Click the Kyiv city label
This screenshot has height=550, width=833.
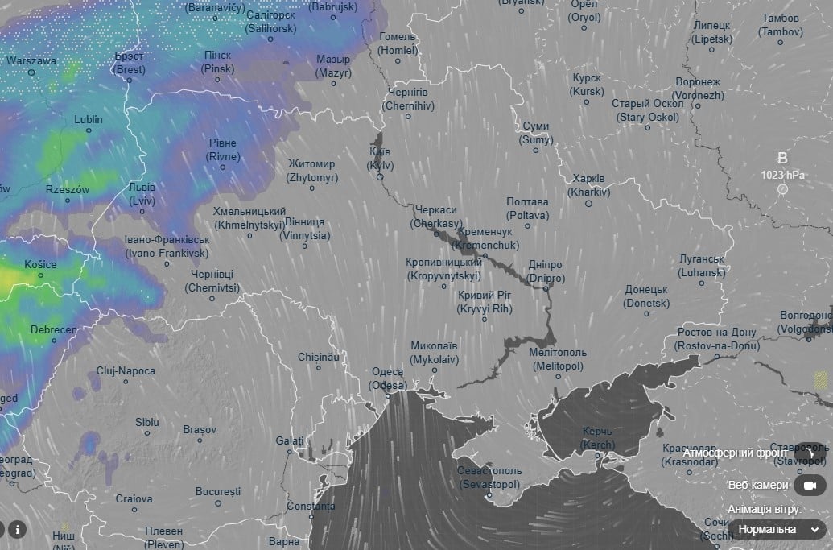(380, 159)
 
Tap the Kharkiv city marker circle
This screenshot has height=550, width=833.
(588, 204)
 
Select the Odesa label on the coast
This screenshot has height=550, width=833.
(388, 378)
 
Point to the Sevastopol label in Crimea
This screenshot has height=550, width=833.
(489, 478)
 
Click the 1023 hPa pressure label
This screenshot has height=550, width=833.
(782, 174)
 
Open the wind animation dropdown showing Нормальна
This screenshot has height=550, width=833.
(778, 529)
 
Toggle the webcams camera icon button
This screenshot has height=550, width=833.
(810, 485)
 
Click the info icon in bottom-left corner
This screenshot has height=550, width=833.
(17, 529)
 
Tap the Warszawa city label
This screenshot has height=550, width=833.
(31, 60)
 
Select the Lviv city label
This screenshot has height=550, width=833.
(142, 192)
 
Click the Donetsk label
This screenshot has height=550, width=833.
(646, 296)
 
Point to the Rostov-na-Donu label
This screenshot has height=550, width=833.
(718, 339)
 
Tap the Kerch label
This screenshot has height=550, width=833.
(597, 439)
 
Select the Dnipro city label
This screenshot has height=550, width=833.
(546, 271)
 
